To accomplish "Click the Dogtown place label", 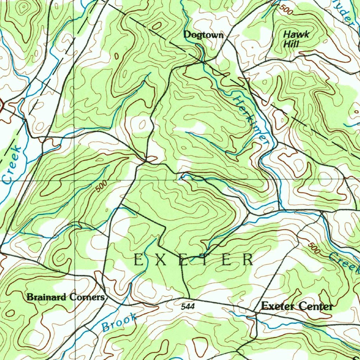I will [203, 35].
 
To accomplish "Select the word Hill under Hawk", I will [291, 44].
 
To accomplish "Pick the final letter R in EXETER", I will [248, 260].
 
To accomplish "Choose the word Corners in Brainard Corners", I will [87, 297].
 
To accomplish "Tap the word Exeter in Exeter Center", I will [277, 306].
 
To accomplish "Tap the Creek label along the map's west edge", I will [12, 165].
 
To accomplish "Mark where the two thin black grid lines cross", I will [75, 180].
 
